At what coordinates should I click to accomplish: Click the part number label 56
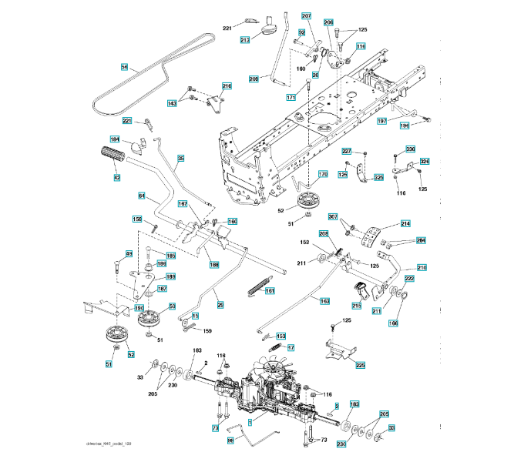[x=125, y=67]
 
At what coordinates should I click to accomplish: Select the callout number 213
[x=245, y=39]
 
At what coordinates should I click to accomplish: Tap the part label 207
[x=306, y=16]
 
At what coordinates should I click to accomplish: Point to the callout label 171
[x=291, y=98]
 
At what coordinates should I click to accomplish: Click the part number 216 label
[x=227, y=86]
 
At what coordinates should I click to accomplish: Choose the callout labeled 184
[x=115, y=139]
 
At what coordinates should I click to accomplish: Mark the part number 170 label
[x=322, y=175]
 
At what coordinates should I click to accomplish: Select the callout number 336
[x=410, y=149]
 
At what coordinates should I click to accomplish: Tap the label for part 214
[x=405, y=223]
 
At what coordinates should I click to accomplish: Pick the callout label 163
[x=324, y=301]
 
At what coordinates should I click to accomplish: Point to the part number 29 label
[x=220, y=306]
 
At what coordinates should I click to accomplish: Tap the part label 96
[x=230, y=441]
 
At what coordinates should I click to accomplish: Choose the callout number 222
[x=409, y=279]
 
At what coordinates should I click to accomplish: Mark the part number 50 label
[x=172, y=306]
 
